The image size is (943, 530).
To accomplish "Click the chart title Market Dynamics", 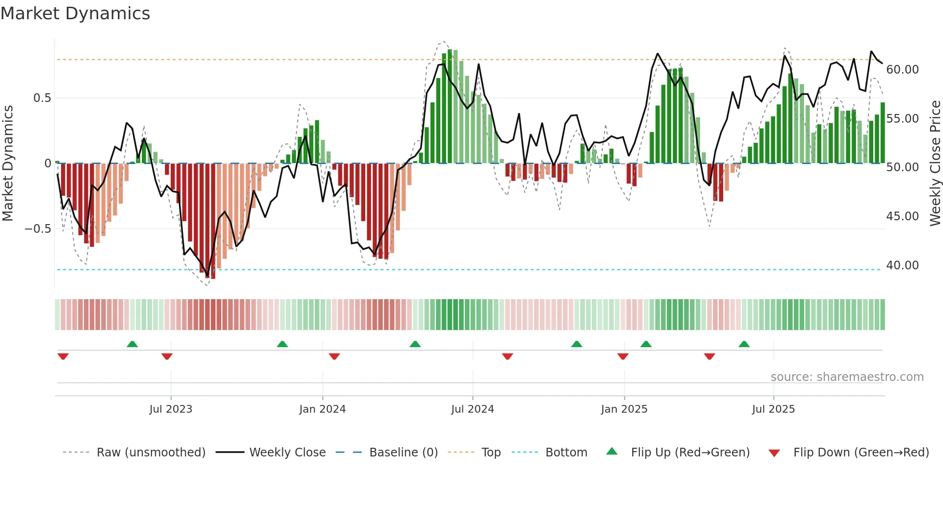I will (x=76, y=13).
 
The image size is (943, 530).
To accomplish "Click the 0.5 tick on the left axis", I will (x=42, y=98).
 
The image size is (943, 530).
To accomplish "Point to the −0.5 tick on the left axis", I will (x=38, y=229).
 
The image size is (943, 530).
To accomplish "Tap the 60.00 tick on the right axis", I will (x=902, y=70).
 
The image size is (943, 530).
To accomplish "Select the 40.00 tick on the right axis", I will (x=902, y=265).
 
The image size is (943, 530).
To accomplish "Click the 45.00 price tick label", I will (x=902, y=216).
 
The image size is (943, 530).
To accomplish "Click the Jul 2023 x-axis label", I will (x=170, y=409).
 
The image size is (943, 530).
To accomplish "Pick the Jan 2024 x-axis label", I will (x=322, y=409).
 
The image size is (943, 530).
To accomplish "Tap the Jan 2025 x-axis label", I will (x=624, y=409).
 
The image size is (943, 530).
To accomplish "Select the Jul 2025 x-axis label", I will (x=773, y=409).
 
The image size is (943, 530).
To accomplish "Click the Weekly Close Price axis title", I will (x=935, y=163).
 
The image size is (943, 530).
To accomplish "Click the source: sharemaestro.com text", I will (x=847, y=377).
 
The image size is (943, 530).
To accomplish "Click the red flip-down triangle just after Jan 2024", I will (x=334, y=356).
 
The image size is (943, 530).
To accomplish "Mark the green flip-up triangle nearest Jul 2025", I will (x=744, y=344).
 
